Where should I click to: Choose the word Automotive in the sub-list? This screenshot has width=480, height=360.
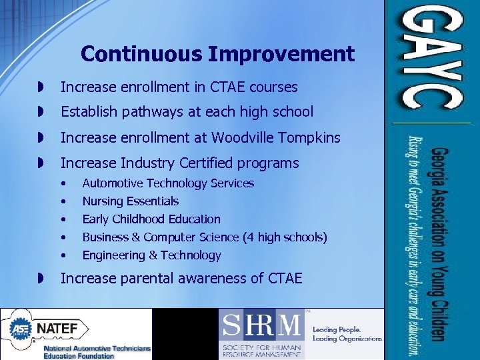click(x=113, y=183)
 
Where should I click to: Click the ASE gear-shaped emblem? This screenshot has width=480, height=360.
click(x=20, y=329)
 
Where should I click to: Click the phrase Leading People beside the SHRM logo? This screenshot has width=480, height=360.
click(x=337, y=329)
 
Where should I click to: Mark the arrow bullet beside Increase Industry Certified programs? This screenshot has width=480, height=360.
click(x=41, y=163)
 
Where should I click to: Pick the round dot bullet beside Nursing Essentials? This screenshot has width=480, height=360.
click(x=63, y=201)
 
